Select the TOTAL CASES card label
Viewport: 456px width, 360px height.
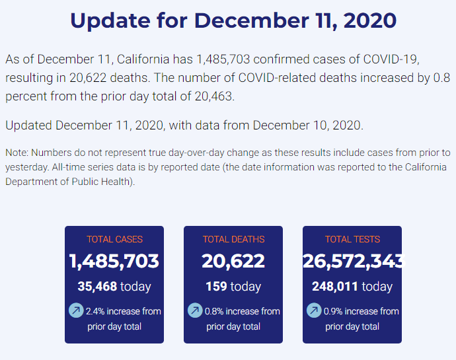(x=114, y=239)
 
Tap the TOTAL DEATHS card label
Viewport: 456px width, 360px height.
(x=233, y=239)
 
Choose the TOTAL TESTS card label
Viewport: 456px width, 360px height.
(x=352, y=239)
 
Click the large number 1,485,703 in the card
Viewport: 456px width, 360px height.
(x=114, y=261)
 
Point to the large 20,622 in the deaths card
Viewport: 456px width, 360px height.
(x=233, y=261)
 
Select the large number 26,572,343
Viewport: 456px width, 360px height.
(x=352, y=261)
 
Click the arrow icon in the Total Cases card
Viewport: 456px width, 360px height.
(x=76, y=310)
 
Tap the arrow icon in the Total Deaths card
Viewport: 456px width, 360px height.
(x=195, y=310)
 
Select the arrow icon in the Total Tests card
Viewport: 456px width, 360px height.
(x=314, y=310)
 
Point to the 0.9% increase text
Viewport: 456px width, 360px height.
(x=361, y=311)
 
